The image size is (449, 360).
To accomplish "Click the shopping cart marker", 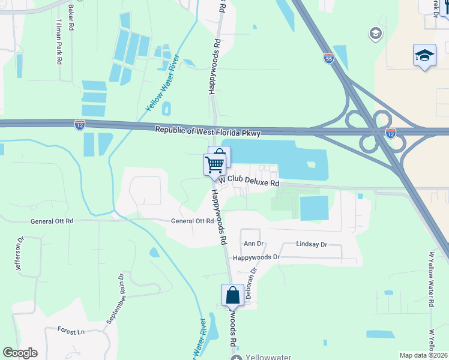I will pos(214,163).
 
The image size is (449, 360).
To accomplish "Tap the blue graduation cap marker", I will pos(424,56).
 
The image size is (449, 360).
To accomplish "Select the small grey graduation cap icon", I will pos(376,32).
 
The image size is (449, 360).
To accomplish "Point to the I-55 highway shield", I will pos(328,59).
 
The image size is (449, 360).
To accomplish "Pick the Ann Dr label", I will pos(253,244).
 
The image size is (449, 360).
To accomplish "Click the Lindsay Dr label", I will pos(311,245).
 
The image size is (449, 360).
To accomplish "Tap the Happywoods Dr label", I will pos(256,257).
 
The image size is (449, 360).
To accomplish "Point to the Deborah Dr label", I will pos(253,279).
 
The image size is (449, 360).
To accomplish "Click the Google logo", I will pos(20,353).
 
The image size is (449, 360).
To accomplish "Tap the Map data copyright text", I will pos(424,355).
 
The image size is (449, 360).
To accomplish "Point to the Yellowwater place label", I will pos(268,357).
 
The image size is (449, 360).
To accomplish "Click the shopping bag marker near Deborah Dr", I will pos(232,296).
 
